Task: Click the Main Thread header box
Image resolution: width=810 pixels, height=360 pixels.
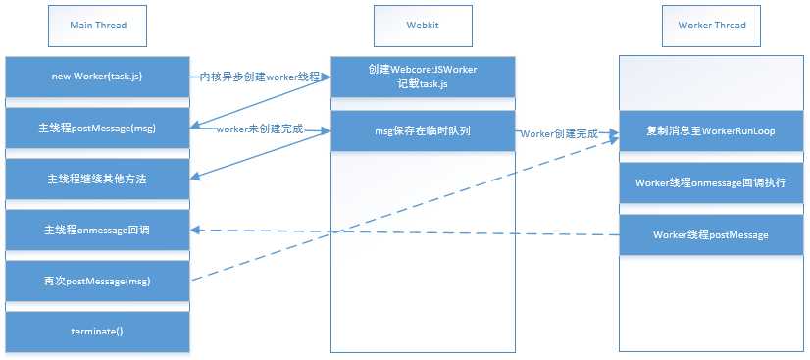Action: [x=98, y=25]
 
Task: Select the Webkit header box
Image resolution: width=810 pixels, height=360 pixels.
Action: [x=423, y=25]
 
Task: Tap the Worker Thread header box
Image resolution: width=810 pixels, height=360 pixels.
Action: [x=711, y=25]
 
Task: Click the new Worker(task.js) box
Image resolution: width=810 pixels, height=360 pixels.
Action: [x=98, y=76]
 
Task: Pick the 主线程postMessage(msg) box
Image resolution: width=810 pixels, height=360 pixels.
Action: [x=98, y=128]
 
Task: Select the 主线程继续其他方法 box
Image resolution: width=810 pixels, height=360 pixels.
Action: [x=98, y=180]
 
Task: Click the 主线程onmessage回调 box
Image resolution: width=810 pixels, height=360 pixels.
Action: [x=98, y=231]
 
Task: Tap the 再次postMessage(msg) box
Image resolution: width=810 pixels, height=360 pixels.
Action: [x=98, y=282]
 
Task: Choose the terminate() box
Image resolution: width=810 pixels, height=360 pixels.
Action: [x=98, y=332]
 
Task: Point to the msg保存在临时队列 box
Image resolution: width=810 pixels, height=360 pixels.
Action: [x=423, y=130]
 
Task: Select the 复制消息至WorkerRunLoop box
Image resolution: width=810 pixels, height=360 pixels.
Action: [x=711, y=130]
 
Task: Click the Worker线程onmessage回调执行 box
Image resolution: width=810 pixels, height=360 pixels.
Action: [x=711, y=182]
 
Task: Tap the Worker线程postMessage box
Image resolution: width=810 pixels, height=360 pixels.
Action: [x=711, y=234]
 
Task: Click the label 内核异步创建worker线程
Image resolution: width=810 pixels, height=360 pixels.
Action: [x=259, y=76]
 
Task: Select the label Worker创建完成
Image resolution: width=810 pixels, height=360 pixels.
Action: [x=559, y=131]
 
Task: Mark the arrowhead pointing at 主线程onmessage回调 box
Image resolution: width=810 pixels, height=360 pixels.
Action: [x=194, y=231]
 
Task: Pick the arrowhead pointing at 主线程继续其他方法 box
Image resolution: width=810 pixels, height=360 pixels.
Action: [x=194, y=178]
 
